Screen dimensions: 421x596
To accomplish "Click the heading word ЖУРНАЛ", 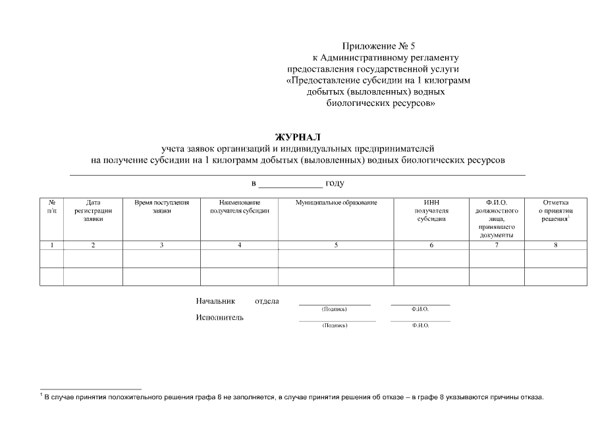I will (298, 137).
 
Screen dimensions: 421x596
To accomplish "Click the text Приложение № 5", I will (379, 46).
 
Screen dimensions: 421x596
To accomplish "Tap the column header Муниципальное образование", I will (336, 203).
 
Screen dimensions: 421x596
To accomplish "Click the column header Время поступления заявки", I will (161, 207).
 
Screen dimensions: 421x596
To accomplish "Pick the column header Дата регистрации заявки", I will (93, 210).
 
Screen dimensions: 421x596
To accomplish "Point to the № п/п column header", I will (52, 207).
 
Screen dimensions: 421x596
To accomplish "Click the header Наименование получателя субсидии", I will (239, 207).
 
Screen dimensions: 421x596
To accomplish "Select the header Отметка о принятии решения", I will (556, 210).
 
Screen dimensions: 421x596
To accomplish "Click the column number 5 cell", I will (336, 245).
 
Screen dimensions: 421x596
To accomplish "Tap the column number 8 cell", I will (556, 245).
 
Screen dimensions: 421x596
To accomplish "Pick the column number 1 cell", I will (52, 245).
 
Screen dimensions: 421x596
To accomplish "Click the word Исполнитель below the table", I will (219, 318).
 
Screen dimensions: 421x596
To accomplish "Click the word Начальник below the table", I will (215, 301).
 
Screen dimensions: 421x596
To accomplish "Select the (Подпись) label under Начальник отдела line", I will (334, 309).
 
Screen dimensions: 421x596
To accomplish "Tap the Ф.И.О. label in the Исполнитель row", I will (420, 326).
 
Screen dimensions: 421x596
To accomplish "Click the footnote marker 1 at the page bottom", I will (41, 395).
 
